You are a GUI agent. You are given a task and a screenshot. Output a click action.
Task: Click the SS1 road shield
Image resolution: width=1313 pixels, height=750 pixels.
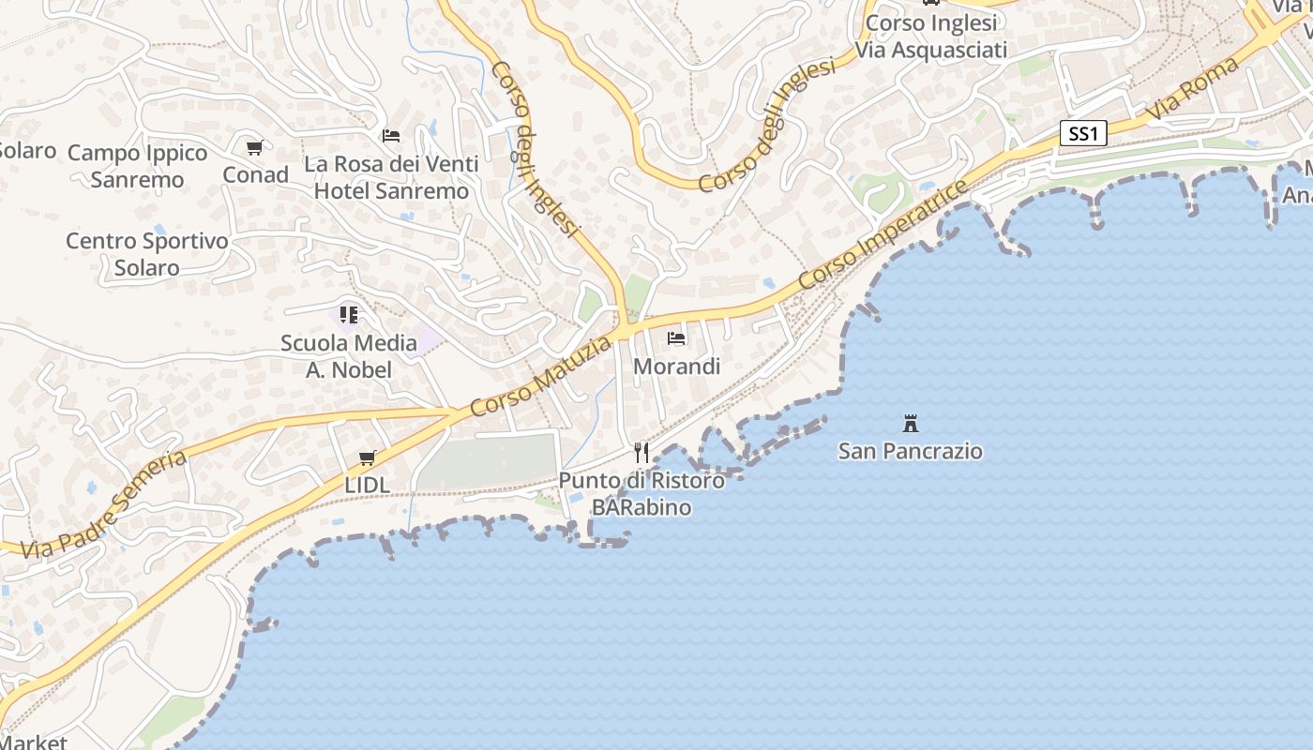(1083, 134)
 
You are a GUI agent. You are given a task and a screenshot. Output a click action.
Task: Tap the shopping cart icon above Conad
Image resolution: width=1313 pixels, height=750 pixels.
(255, 147)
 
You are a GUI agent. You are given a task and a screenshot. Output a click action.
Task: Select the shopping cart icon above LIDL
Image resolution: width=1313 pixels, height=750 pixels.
(367, 458)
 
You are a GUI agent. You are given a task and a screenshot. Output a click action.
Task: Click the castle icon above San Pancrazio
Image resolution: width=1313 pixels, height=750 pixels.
(910, 423)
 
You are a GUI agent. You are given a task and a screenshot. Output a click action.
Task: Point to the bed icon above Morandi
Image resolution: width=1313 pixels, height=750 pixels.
(676, 338)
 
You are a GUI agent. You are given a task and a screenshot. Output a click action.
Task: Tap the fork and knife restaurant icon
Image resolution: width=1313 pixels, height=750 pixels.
(641, 453)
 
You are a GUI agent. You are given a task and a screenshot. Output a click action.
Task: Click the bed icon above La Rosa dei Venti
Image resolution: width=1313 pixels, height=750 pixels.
(391, 136)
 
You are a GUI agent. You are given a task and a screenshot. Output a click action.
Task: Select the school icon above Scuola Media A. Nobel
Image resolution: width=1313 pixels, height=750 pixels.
(349, 315)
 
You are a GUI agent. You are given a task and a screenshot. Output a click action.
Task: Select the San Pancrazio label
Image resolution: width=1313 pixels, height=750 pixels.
(910, 451)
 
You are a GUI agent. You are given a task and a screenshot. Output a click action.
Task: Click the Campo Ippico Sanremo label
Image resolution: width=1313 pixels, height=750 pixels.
(138, 166)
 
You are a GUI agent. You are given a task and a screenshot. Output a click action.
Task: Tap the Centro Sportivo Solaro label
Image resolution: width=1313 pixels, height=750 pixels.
(147, 254)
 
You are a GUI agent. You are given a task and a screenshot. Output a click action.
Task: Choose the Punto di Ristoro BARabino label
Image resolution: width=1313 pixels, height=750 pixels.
(641, 494)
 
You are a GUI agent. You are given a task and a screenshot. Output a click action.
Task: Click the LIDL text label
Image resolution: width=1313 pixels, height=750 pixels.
(367, 486)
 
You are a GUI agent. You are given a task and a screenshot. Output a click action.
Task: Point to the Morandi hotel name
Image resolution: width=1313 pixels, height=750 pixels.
(676, 367)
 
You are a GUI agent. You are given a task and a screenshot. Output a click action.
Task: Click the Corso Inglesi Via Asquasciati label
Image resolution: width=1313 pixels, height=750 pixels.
(930, 36)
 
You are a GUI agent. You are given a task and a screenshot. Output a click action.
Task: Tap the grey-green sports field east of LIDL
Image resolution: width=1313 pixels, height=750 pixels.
(488, 461)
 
